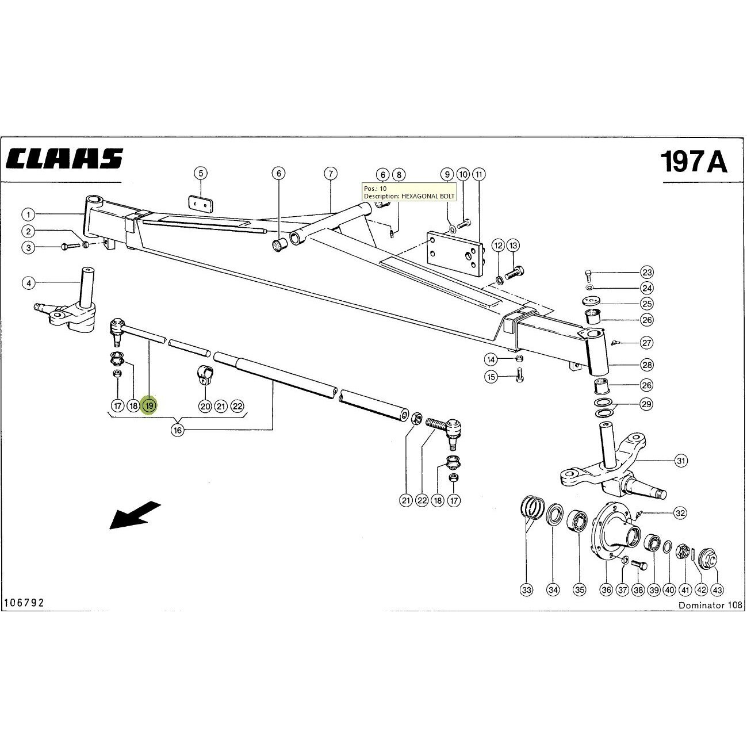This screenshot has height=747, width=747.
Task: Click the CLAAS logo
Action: (64, 158)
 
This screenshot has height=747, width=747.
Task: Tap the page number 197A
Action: (694, 161)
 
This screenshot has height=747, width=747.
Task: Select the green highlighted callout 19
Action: (150, 406)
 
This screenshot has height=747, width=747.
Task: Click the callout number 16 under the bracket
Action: (177, 430)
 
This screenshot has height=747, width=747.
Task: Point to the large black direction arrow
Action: (135, 515)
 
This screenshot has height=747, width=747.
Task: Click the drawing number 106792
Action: (24, 603)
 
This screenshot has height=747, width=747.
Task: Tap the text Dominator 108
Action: (710, 605)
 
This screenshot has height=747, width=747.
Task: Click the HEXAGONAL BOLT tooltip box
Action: (409, 192)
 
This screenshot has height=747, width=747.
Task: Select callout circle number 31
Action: (681, 461)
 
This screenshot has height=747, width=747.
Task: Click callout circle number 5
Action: (201, 173)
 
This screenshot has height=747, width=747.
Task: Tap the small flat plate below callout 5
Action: (202, 204)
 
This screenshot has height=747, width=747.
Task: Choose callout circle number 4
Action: (29, 284)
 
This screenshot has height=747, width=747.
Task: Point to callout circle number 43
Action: (717, 590)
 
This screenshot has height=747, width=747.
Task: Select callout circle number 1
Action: (28, 214)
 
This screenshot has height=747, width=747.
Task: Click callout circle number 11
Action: (479, 174)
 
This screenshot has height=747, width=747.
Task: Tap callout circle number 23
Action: (647, 273)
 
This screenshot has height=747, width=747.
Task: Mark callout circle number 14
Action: (491, 360)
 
